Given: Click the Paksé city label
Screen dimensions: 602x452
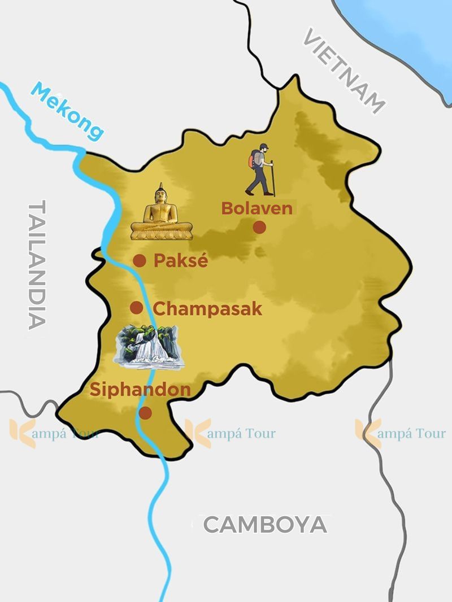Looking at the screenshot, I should (181, 261).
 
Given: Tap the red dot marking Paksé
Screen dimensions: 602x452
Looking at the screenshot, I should (140, 260).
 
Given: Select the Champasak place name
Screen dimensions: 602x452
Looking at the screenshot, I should (207, 309).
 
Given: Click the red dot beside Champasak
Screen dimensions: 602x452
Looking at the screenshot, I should (136, 308).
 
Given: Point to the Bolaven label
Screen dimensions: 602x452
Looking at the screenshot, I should (257, 208).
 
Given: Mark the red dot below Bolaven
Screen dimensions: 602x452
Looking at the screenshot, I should (259, 227).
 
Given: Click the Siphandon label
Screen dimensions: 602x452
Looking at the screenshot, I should (140, 390).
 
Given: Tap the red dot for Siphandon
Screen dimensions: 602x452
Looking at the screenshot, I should (145, 413).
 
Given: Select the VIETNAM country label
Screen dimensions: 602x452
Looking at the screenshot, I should (344, 71).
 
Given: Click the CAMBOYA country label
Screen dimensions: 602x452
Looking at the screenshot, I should (265, 525).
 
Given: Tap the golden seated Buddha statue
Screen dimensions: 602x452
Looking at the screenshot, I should (162, 213).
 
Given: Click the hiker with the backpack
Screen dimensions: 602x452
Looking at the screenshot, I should (260, 170).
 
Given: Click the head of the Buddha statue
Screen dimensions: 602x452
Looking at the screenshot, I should (162, 194).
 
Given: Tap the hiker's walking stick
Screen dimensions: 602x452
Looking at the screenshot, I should (273, 178).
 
